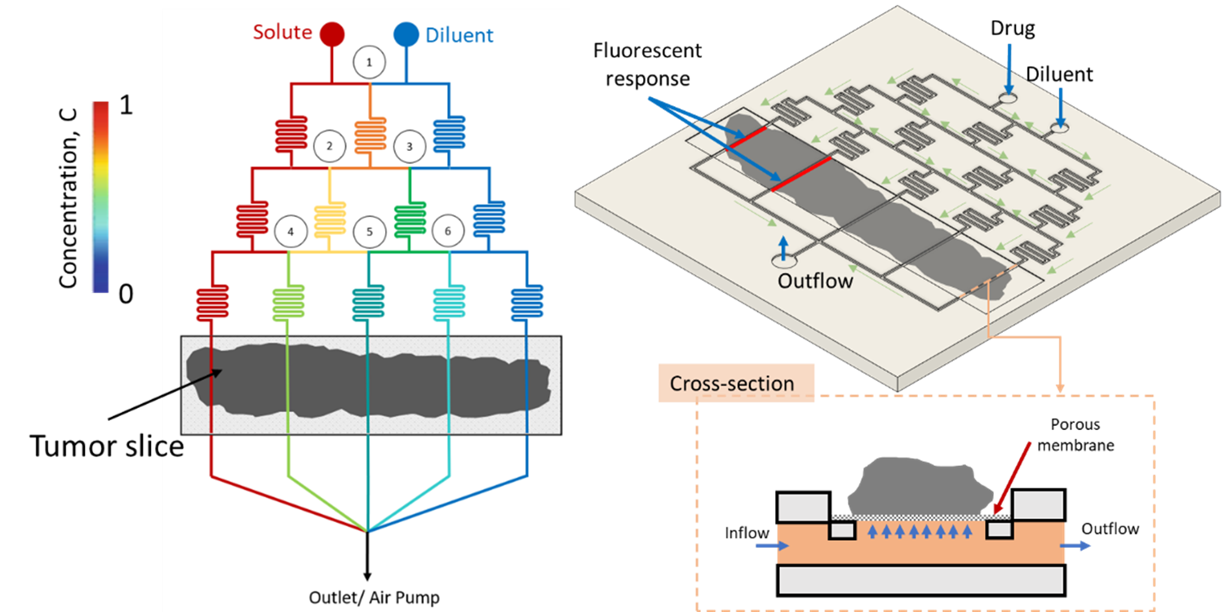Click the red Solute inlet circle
[332, 34]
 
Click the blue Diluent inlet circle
[406, 34]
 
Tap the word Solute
[282, 33]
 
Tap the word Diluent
[459, 35]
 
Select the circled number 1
[369, 62]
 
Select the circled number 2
[329, 147]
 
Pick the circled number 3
[410, 147]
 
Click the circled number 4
[290, 232]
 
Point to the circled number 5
[369, 232]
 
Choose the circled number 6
[447, 232]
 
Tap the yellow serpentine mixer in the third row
[330, 219]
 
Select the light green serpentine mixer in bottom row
[289, 302]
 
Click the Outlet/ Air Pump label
[374, 597]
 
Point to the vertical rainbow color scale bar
[100, 197]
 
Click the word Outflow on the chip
[815, 281]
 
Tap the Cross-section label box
[732, 384]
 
